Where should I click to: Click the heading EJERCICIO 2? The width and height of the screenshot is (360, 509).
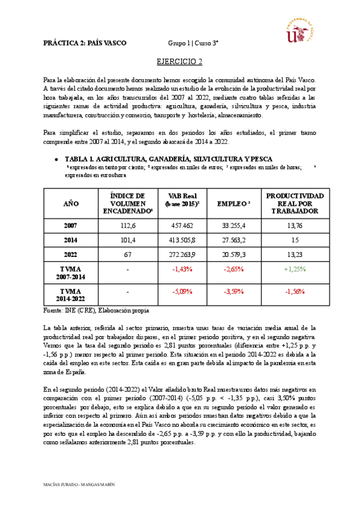click(179, 61)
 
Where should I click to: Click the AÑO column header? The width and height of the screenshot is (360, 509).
click(71, 204)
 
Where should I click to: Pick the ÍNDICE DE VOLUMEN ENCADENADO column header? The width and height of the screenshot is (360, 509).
click(128, 204)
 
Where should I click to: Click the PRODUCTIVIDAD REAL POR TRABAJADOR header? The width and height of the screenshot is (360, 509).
click(295, 204)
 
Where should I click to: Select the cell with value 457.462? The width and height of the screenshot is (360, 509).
click(182, 225)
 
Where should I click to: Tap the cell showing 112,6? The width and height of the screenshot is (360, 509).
click(128, 225)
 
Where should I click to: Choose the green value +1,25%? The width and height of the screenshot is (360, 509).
click(295, 269)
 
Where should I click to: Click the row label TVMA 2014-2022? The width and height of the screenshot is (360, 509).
click(71, 295)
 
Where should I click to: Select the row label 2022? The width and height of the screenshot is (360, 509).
click(71, 254)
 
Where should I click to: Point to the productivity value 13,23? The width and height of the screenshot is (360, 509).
click(295, 254)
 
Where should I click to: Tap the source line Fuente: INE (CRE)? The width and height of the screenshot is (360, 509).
click(96, 311)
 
